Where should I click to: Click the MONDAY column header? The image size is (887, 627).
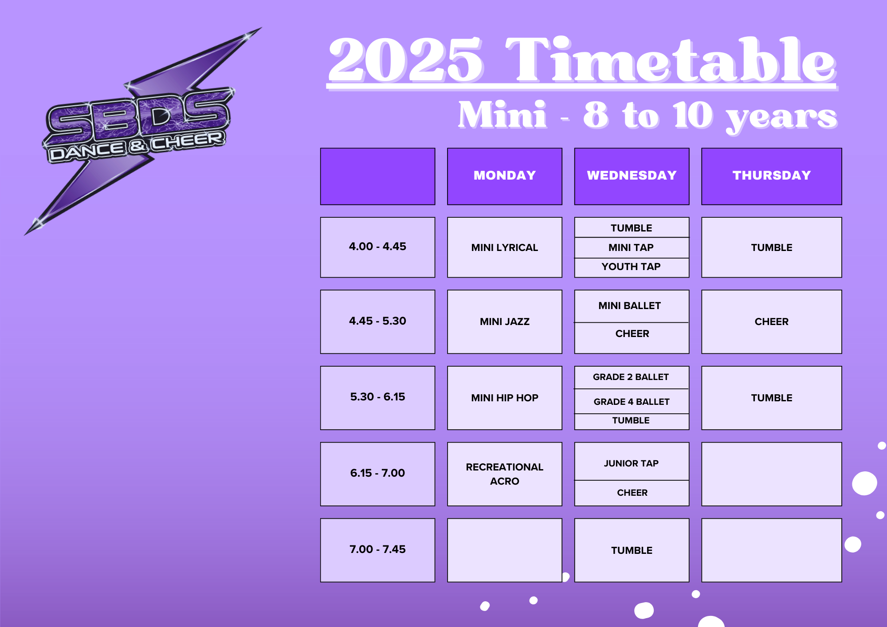[505, 176]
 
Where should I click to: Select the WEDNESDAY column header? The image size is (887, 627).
[632, 176]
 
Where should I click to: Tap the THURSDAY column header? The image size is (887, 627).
[772, 176]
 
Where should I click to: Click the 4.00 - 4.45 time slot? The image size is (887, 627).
[377, 247]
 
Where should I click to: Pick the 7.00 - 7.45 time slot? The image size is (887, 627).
[377, 550]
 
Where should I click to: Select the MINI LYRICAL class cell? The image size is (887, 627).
[505, 247]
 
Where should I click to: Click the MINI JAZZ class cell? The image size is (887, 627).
[505, 321]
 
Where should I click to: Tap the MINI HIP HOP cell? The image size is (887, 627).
[505, 398]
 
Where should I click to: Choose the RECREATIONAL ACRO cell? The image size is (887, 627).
[505, 474]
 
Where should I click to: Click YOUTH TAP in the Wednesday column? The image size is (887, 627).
[631, 267]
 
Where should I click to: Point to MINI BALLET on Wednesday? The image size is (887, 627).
[630, 306]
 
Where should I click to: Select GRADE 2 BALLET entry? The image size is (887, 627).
[631, 377]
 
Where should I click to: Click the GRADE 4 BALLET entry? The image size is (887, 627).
[632, 402]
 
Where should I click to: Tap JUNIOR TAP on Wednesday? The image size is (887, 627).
[631, 463]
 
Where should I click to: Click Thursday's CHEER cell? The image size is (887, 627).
[772, 321]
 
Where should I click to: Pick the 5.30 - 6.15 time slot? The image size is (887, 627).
[377, 398]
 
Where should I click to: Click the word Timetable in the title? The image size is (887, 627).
[671, 60]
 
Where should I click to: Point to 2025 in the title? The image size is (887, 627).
[405, 60]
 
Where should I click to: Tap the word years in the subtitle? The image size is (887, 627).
[781, 117]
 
